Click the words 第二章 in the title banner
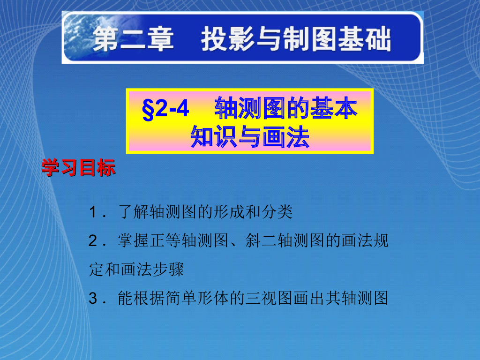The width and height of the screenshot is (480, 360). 133,39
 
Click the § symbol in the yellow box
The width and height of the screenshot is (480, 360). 148,111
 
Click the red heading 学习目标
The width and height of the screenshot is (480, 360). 78,168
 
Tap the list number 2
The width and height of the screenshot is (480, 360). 92,242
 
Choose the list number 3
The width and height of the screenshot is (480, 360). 92,299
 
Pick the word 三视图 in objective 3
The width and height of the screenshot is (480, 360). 269,298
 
